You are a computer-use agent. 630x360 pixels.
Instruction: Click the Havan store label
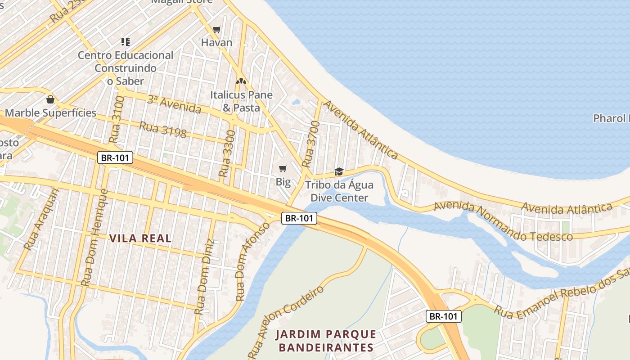coord(216,43)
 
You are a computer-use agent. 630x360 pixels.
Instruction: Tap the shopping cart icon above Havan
coord(217,30)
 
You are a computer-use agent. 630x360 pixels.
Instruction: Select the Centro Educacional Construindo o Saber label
coord(126,68)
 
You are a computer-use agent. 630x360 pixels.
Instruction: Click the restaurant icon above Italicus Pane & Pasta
coord(241,82)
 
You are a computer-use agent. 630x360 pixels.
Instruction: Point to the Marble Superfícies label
coord(50,112)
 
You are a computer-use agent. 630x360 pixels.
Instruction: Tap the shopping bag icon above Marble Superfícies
coord(50,99)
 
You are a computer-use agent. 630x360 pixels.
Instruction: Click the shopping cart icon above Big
coord(283,169)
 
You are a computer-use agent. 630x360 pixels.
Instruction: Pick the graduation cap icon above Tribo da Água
coord(339,171)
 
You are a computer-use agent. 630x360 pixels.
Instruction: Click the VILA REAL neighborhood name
coord(140,238)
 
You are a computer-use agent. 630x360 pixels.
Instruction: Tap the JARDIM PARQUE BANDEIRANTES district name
coord(326,341)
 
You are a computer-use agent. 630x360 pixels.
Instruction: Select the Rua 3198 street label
coord(162,130)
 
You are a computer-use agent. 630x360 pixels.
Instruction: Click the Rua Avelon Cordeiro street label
coord(286,320)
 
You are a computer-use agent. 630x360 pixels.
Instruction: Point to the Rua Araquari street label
coord(41,219)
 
